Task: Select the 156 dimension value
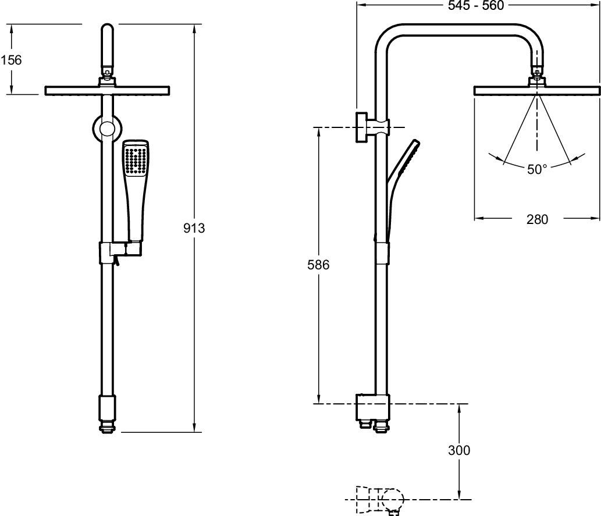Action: point(11,59)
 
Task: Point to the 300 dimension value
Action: point(459,450)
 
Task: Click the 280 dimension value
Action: point(538,219)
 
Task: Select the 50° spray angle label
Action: point(537,169)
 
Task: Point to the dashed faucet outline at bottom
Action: point(378,499)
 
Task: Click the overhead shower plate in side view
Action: point(537,91)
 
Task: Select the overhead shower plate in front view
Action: point(108,91)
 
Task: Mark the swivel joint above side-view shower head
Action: point(537,74)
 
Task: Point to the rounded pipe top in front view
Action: point(108,35)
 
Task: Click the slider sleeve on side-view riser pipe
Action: point(380,250)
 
